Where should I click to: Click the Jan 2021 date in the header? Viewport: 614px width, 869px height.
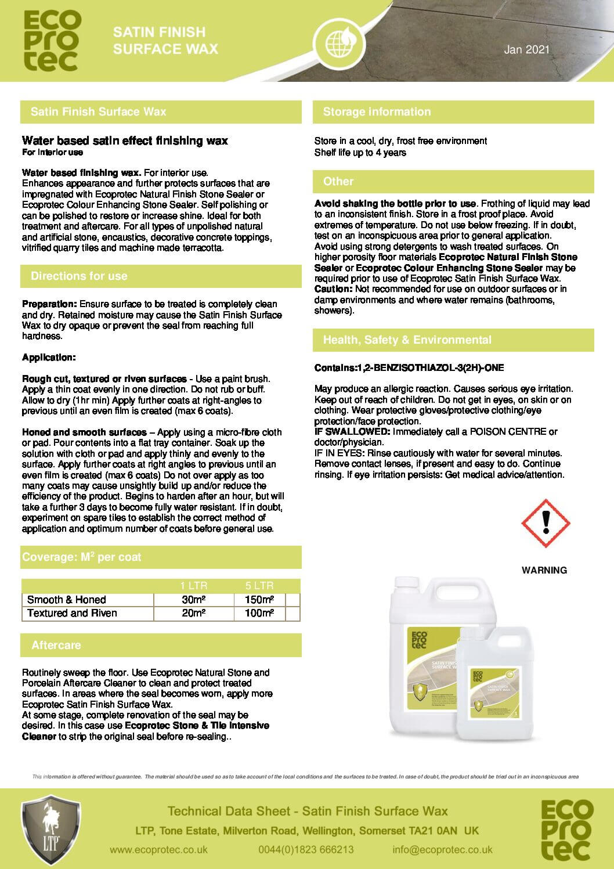pos(526,50)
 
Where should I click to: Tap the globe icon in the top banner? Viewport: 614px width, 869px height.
pos(336,41)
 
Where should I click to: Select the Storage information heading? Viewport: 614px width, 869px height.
pos(377,112)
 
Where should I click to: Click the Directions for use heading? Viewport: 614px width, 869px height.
pos(79,276)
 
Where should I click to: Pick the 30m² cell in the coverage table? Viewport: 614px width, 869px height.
pos(194,600)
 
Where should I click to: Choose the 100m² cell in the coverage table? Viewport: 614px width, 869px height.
pos(259,613)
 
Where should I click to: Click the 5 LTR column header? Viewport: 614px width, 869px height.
pos(259,585)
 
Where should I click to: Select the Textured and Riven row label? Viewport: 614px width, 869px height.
pos(72,613)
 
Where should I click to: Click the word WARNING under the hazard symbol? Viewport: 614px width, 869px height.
pos(544,570)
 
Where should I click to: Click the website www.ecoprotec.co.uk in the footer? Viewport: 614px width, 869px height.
pos(158,849)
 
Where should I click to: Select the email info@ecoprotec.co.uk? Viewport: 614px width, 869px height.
pos(442,849)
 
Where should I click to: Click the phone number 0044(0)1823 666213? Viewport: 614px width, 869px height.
pos(306,849)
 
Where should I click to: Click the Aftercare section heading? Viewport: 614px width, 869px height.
pos(56,646)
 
